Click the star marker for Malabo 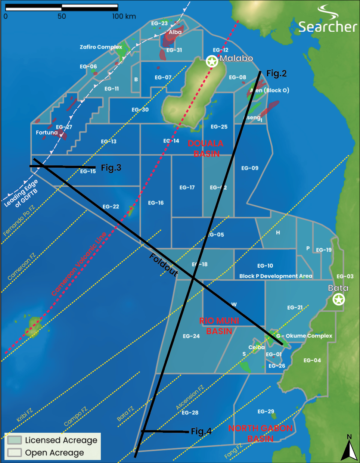(212, 61)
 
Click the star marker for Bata (338, 299)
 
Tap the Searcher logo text (328, 27)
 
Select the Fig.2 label (276, 73)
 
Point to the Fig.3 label (111, 168)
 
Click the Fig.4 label (201, 431)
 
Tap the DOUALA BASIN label (206, 148)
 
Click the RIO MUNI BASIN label (219, 326)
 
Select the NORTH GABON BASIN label (260, 433)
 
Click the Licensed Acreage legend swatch (14, 440)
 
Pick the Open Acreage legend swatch (14, 453)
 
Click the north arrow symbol (349, 450)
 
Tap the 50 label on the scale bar (62, 16)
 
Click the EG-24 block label (191, 336)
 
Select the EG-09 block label (249, 168)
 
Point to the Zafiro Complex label (101, 47)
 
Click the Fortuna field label (47, 133)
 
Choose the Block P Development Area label (276, 276)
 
